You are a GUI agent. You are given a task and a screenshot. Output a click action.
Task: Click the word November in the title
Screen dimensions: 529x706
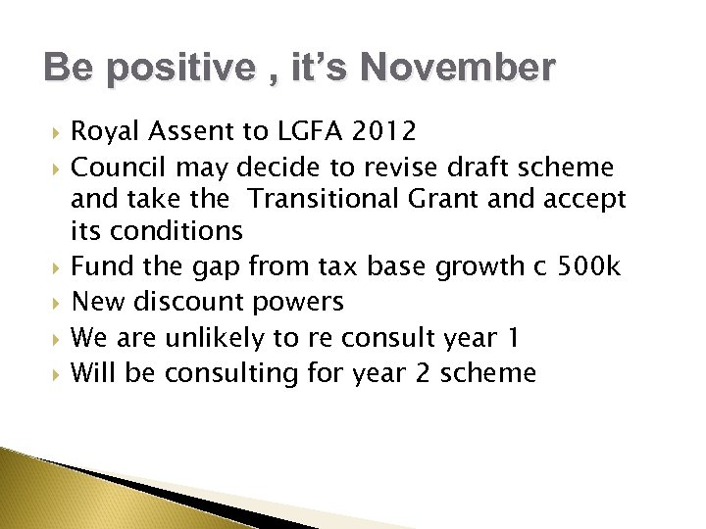point(456,69)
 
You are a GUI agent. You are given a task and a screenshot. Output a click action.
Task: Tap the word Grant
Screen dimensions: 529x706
point(462,200)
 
